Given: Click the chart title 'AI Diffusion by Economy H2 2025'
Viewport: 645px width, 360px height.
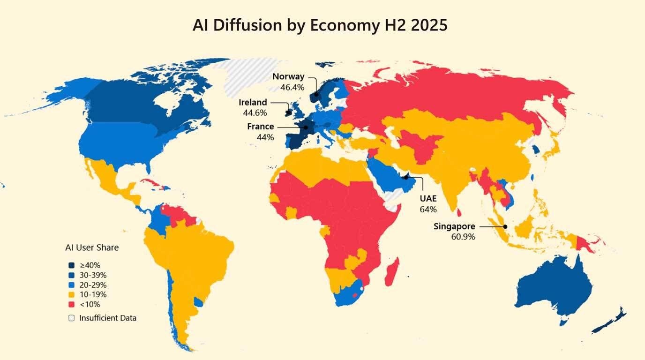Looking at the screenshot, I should pos(320,25).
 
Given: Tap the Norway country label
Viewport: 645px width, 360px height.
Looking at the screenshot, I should pos(288,77).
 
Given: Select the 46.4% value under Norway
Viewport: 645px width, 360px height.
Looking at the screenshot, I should pos(292,87).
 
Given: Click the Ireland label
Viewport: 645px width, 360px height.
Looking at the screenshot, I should pos(253,102).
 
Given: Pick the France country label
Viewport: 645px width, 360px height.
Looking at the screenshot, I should pos(261,127).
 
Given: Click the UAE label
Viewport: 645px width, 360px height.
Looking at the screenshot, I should pos(428,199).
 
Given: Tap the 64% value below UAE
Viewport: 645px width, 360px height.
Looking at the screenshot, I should pos(428,209).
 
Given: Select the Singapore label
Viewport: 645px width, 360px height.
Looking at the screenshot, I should pos(454,226).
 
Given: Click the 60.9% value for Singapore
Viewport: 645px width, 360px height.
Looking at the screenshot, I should pos(463,237).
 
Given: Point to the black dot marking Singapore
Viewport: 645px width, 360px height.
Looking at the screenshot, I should pos(505,226).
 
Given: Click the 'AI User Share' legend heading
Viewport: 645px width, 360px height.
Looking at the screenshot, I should pos(92,247).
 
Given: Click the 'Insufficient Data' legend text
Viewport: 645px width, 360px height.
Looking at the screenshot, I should pos(108,318).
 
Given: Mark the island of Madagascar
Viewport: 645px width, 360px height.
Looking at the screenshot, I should pos(392,272).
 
